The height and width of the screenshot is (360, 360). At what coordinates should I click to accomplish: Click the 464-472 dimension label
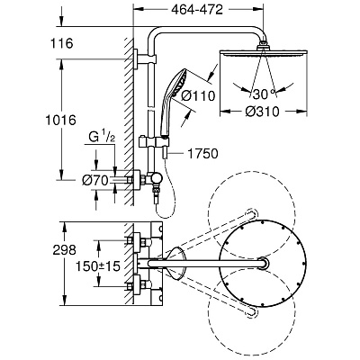click(x=197, y=10)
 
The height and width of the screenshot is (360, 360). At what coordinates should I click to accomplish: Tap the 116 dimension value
click(x=61, y=43)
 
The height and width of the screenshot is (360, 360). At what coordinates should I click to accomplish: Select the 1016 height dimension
click(x=60, y=121)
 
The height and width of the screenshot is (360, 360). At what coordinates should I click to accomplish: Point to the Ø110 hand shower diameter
click(x=199, y=95)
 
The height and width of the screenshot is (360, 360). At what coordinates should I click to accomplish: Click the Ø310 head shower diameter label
click(x=263, y=112)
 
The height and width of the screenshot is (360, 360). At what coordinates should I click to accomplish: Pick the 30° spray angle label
click(x=264, y=94)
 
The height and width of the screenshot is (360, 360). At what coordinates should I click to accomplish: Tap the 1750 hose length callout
click(x=202, y=154)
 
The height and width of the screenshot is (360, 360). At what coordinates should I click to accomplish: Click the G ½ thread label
click(x=102, y=138)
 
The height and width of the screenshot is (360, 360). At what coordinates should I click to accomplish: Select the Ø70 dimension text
click(x=95, y=180)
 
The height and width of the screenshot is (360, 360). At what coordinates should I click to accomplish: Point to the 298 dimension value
click(x=65, y=250)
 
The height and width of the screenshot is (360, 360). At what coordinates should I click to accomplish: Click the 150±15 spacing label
click(x=98, y=265)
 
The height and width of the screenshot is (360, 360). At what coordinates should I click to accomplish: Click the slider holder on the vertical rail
click(x=154, y=141)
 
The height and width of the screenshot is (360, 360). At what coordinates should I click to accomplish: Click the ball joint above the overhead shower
click(x=263, y=45)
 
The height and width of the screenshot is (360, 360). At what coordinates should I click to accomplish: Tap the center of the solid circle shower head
click(x=263, y=264)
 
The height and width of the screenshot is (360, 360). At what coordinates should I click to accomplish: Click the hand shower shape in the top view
click(x=176, y=264)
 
